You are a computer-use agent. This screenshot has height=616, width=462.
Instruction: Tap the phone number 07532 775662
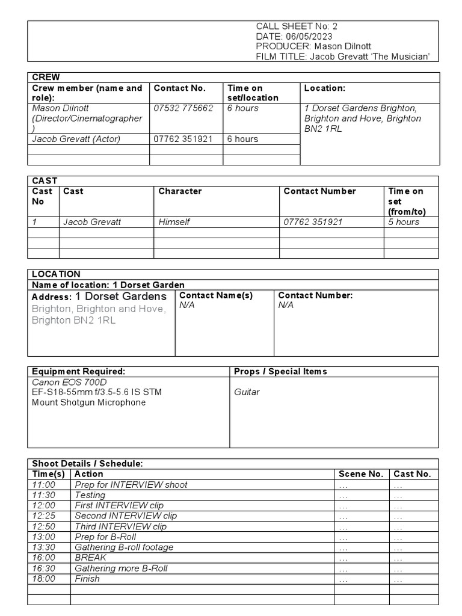tap(183, 108)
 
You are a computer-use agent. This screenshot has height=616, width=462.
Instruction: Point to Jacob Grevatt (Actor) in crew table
tap(76, 139)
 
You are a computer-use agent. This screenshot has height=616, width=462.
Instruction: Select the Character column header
tap(180, 191)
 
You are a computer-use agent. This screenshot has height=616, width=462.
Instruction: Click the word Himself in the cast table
tap(174, 222)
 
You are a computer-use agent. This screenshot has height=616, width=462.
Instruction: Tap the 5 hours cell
tap(404, 222)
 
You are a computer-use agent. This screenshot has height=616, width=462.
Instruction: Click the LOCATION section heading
tap(56, 274)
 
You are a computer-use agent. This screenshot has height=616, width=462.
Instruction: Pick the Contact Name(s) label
tap(216, 295)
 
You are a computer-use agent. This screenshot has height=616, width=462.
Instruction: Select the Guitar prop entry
tap(247, 392)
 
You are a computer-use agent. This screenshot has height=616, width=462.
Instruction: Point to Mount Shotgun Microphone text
tap(88, 402)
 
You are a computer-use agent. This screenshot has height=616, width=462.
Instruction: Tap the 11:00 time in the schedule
tap(43, 485)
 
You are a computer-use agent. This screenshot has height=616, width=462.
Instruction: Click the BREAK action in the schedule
tap(90, 558)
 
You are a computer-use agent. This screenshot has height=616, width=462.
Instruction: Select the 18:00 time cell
tap(43, 579)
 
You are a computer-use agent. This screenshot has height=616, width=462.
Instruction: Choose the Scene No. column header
tap(361, 474)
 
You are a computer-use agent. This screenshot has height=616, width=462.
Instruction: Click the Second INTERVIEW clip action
tap(126, 516)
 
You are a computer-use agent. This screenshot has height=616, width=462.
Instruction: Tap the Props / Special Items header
tap(280, 372)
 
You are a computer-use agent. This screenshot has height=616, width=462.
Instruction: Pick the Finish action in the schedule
tap(87, 579)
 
